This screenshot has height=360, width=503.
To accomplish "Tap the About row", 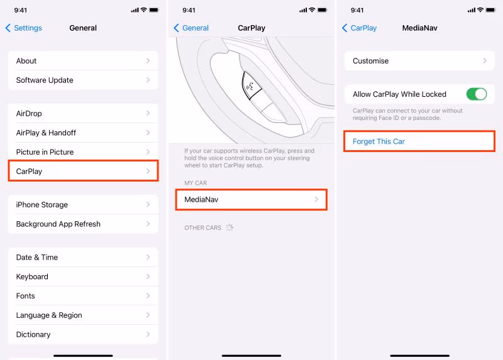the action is pos(83,60).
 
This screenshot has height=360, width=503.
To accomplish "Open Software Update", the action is pos(83,80).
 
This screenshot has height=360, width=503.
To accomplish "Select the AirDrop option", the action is pos(83,114).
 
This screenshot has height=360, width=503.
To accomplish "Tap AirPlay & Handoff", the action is pos(83,133).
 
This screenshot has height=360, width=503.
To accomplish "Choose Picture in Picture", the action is pos(83,152).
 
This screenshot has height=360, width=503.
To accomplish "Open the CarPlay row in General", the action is pos(83,171).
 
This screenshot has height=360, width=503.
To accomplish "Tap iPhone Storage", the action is pos(83,205).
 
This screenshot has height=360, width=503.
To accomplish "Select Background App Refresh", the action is pos(83,224).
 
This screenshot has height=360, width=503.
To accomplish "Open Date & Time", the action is pos(83,257).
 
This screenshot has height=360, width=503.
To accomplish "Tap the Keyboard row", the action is pos(83,276).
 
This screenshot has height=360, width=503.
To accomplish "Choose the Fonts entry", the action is pos(83,295).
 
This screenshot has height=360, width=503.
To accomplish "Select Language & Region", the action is pos(83,315).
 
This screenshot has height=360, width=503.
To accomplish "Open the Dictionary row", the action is pos(83,334).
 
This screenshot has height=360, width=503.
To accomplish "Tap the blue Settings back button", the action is pos(24,28).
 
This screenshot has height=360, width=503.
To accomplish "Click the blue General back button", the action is pos(191,28).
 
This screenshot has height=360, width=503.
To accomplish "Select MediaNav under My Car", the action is pos(251,199).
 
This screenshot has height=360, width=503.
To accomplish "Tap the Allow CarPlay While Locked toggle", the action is pos(477,94).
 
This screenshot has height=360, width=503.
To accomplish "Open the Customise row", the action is pos(419,60).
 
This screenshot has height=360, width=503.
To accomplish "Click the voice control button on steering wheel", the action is pos(250,85).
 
